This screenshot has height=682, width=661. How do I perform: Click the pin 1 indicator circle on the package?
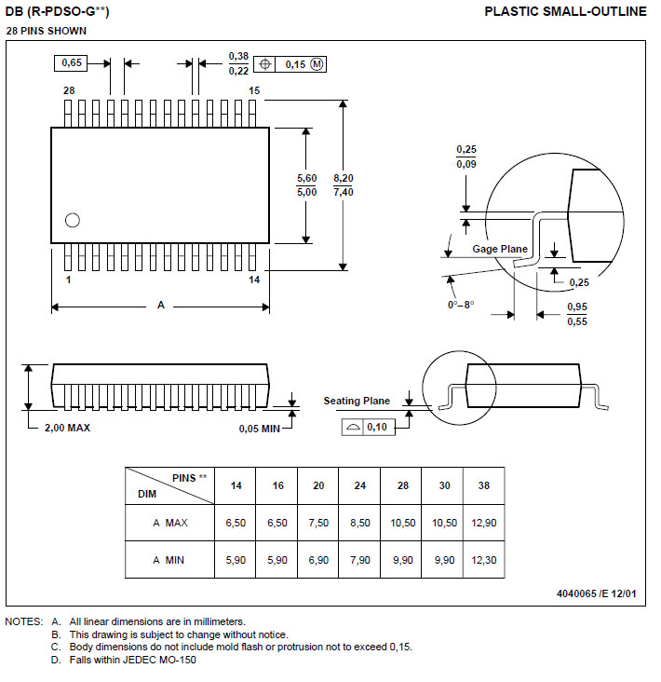[x=72, y=221]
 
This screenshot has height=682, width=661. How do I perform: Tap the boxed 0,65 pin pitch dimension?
[x=72, y=63]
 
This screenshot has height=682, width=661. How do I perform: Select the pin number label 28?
[x=69, y=90]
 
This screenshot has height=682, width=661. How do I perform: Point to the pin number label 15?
[x=254, y=90]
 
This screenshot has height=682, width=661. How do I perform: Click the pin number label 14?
[x=254, y=280]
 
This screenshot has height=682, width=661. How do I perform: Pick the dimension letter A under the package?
[x=160, y=306]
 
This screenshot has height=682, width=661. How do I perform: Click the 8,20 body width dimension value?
[x=344, y=178]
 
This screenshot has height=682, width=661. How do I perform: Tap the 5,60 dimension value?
[x=306, y=178]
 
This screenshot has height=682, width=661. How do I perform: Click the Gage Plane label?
[x=499, y=249]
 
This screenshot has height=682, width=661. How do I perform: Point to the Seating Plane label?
[x=357, y=401]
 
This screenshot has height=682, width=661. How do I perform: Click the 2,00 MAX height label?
[x=67, y=428]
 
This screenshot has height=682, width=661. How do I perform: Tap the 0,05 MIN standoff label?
[x=260, y=428]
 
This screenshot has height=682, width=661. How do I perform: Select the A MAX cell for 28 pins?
[x=403, y=523]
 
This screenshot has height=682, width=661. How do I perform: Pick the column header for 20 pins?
[x=319, y=485]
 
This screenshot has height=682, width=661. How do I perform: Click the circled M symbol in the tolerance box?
[x=316, y=64]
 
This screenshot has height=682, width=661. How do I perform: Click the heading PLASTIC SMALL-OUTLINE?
[x=565, y=11]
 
